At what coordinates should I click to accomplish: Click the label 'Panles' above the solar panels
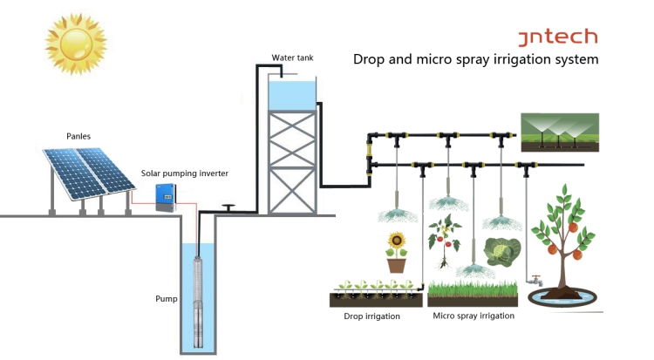(79, 136)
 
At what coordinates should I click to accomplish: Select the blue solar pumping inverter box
(166, 198)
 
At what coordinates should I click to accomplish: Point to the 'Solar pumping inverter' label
(185, 173)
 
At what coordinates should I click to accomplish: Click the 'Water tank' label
(292, 58)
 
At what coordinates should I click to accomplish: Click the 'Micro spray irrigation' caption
(473, 316)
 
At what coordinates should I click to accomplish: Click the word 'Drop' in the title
(369, 60)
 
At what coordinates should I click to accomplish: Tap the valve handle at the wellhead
(228, 206)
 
